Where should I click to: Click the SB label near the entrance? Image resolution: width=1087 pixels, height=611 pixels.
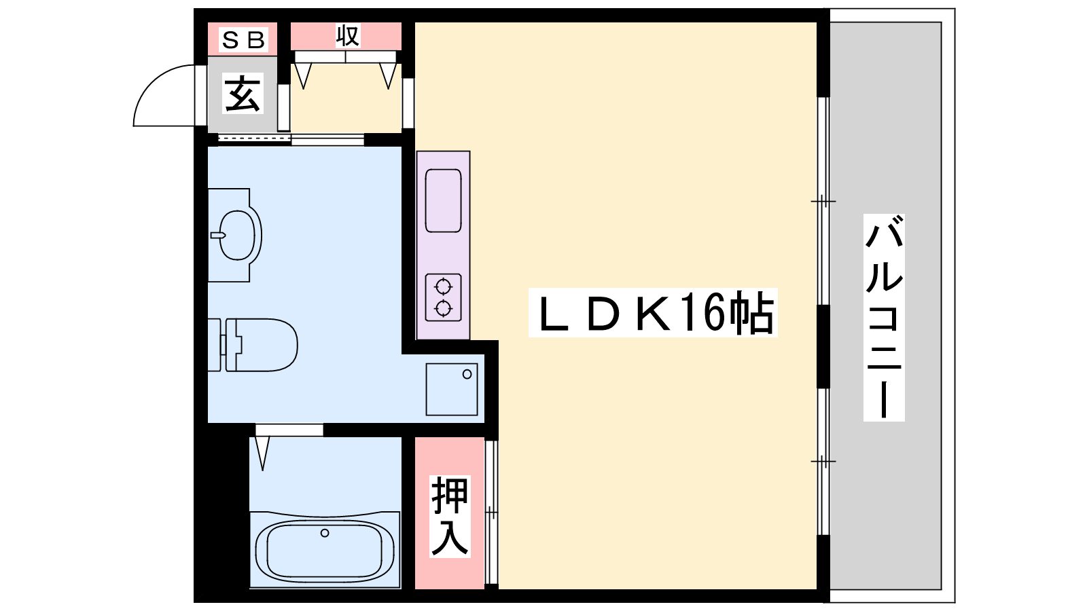(x=243, y=40)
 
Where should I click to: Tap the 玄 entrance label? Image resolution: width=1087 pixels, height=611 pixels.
(x=243, y=93)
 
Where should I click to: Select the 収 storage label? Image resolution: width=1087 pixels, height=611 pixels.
(x=347, y=35)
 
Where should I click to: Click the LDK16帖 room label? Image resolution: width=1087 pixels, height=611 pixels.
(x=653, y=313)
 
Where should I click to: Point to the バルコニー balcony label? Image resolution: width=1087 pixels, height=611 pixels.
(x=884, y=317)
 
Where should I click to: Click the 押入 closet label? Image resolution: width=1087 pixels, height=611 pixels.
(x=450, y=516)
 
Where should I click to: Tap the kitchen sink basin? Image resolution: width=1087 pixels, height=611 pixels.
(x=443, y=201)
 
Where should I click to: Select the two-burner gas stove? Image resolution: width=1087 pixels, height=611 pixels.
(x=443, y=298)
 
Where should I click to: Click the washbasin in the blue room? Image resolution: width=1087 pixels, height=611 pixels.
(x=237, y=235)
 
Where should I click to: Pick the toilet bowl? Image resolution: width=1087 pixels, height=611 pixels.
(x=262, y=345)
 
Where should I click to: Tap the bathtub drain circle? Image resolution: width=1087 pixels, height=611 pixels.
(x=325, y=533)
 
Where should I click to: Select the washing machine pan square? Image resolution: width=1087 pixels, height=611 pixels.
(x=451, y=390)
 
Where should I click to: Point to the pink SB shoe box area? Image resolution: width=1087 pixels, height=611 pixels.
(x=243, y=39)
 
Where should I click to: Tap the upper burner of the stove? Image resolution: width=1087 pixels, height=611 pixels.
(x=443, y=286)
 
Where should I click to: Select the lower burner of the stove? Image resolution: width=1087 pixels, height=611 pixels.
(x=443, y=308)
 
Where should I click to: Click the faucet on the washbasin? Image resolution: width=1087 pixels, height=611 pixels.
(x=218, y=235)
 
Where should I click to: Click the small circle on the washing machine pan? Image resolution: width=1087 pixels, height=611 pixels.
(x=467, y=374)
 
